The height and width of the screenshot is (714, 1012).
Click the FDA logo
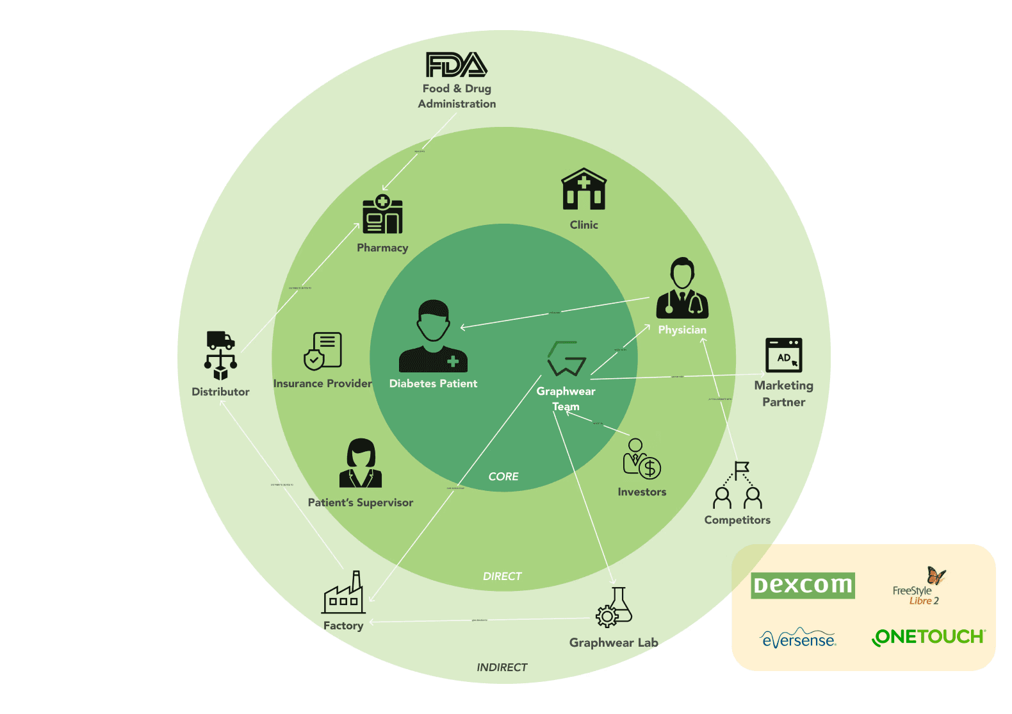point(457,65)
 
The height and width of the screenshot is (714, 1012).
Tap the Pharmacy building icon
point(382,215)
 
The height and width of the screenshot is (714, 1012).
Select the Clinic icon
point(584,190)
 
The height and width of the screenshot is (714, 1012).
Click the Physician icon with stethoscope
point(682,289)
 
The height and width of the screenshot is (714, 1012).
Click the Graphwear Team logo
point(566,359)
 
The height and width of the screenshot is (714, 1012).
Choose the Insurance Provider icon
point(323,351)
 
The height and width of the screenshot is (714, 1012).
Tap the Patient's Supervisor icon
point(361,463)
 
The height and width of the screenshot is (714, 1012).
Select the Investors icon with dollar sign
point(641,460)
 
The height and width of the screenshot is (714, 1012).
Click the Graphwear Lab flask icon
point(614,608)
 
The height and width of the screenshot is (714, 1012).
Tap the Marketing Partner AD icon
point(784,355)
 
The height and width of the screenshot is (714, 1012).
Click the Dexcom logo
point(803,585)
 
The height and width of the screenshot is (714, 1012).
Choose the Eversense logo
point(798,638)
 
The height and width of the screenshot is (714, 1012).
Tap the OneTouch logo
point(928,637)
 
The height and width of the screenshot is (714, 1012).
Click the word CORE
point(503,477)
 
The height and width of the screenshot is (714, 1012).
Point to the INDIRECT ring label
point(502,668)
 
